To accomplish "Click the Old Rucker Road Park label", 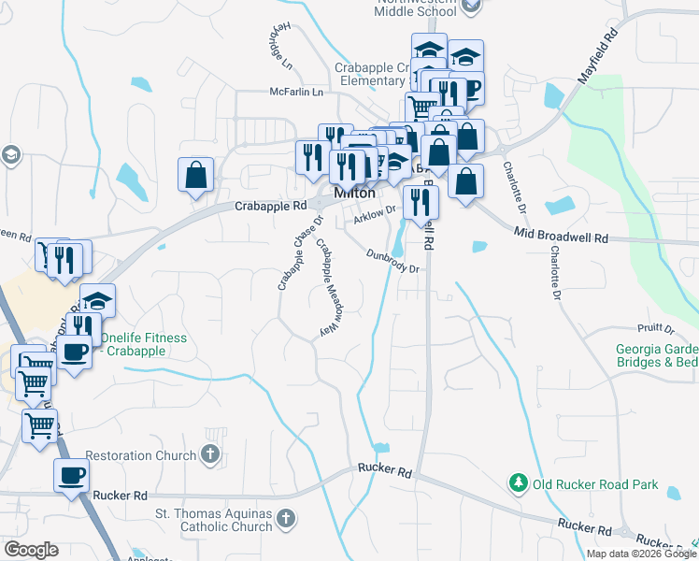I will coord(595,484).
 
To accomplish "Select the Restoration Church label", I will coord(141,456).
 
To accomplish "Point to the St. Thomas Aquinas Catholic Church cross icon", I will coord(286,517).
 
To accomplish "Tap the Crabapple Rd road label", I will coord(270,206).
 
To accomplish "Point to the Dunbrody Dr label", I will coord(391,260).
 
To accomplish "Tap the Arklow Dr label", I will coord(376,216).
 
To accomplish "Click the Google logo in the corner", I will coord(31,550).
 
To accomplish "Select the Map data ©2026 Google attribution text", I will coord(641,554).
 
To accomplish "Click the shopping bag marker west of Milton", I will coord(195,175).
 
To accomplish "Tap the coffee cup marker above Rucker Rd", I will coord(71,475).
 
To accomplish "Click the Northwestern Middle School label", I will coord(418,7).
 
